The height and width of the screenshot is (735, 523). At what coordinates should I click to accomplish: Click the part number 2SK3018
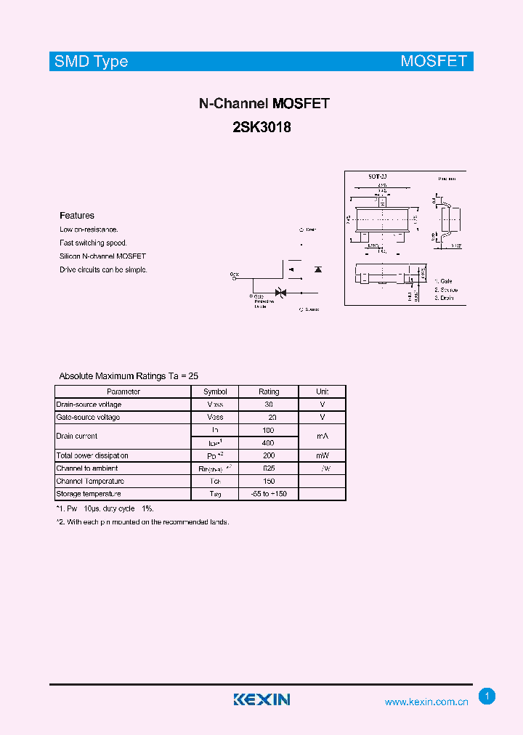pyautogui.click(x=263, y=126)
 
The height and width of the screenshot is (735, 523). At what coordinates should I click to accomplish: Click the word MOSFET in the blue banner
pyautogui.click(x=434, y=61)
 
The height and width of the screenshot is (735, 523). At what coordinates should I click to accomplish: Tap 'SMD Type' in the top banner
pyautogui.click(x=92, y=61)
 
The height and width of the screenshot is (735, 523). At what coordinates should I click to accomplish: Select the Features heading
pyautogui.click(x=77, y=216)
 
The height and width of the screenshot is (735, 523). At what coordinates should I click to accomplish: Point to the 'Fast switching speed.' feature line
pyautogui.click(x=93, y=243)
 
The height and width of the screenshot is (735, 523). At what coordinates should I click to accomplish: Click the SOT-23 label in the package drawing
pyautogui.click(x=377, y=177)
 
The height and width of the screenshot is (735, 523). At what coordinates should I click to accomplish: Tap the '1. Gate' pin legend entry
pyautogui.click(x=444, y=280)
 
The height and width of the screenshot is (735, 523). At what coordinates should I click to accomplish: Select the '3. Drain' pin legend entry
pyautogui.click(x=445, y=298)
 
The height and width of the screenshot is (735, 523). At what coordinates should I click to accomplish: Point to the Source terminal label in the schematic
pyautogui.click(x=310, y=309)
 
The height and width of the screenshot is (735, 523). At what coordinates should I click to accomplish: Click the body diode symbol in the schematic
pyautogui.click(x=317, y=269)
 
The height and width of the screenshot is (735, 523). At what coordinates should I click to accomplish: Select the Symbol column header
pyautogui.click(x=215, y=391)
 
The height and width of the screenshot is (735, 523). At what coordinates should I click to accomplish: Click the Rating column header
pyautogui.click(x=269, y=391)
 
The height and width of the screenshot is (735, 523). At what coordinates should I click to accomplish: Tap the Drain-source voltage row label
pyautogui.click(x=89, y=405)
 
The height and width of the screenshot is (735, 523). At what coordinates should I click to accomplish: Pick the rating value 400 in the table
pyautogui.click(x=268, y=443)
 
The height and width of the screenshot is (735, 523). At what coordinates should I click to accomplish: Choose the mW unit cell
pyautogui.click(x=323, y=455)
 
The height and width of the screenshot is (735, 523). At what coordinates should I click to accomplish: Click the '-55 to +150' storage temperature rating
pyautogui.click(x=268, y=494)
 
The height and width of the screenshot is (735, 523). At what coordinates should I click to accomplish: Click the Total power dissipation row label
pyautogui.click(x=92, y=455)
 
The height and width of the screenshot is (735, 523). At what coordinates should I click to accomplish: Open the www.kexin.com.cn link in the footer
pyautogui.click(x=426, y=702)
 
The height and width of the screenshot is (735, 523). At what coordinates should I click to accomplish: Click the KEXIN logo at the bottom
pyautogui.click(x=261, y=699)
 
